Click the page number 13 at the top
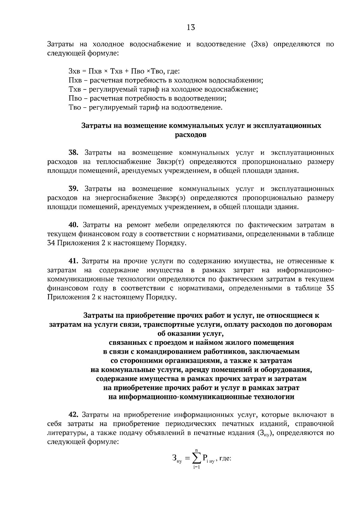191,28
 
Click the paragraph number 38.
73,153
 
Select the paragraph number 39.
73,189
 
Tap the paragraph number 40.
73,225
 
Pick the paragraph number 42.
73,415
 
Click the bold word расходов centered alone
190,135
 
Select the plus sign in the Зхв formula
126,71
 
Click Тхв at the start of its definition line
74,89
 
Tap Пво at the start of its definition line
75,98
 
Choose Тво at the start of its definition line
75,107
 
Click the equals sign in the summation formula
187,458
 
